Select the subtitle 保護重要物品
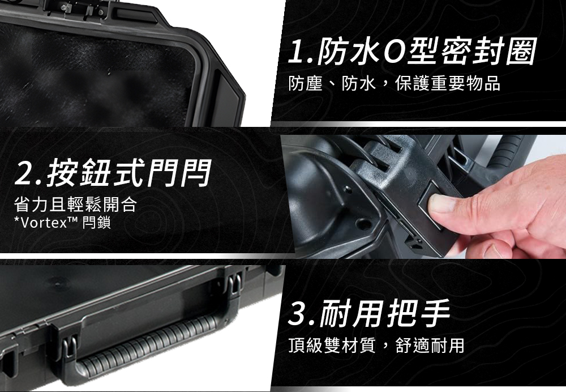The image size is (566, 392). (x=448, y=83)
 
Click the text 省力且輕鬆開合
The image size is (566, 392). (x=75, y=204)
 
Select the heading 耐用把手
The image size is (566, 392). (x=385, y=313)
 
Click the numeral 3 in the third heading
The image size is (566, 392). (x=297, y=313)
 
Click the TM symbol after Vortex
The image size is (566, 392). (x=73, y=220)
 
